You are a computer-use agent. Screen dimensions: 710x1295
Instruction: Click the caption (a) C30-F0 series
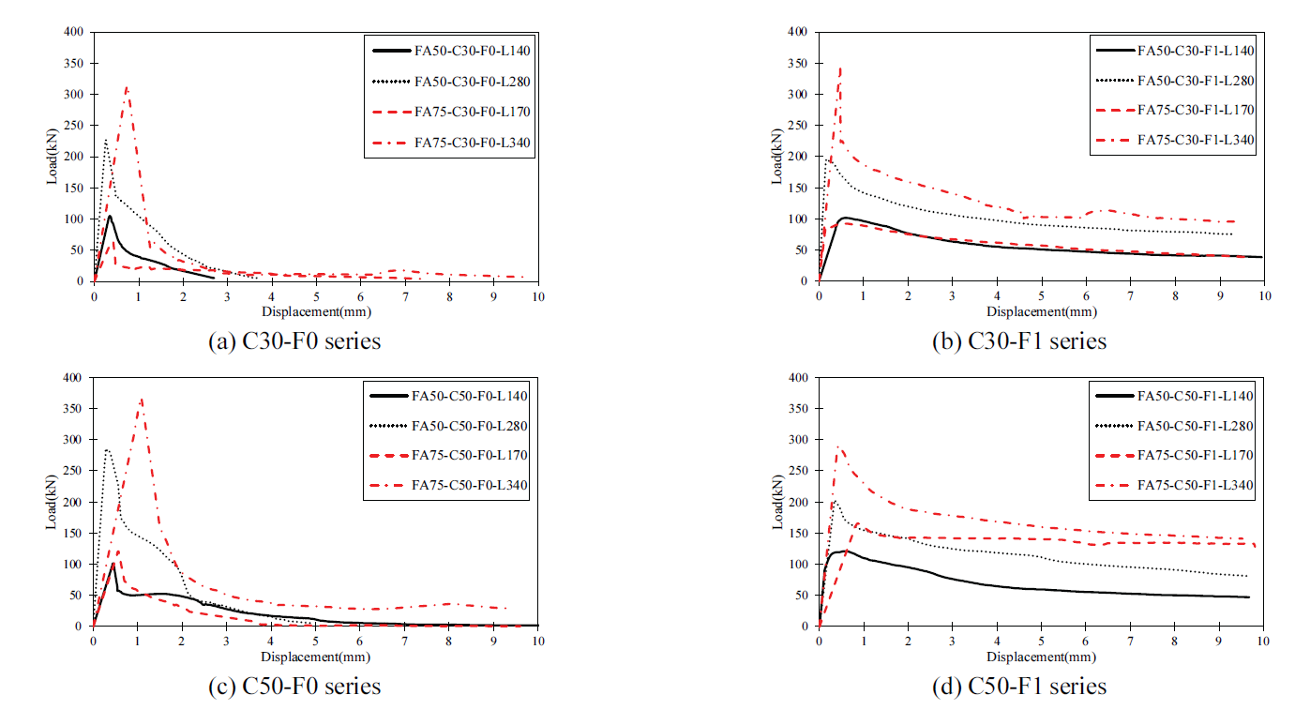[294, 341]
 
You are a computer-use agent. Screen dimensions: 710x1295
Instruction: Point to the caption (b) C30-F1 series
[1019, 341]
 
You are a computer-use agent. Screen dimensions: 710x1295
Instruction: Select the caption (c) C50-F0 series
[294, 687]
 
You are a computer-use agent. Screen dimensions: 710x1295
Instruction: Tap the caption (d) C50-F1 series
[1019, 687]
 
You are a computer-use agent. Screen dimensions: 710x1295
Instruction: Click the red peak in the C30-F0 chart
[127, 87]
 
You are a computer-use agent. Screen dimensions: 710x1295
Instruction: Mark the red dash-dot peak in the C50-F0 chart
[141, 399]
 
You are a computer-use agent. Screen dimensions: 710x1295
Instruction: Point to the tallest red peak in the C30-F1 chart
[840, 68]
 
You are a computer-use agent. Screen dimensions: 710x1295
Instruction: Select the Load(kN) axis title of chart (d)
[777, 503]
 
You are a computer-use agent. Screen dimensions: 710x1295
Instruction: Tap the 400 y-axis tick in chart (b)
[800, 33]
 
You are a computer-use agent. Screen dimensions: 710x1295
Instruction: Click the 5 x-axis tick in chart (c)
[316, 642]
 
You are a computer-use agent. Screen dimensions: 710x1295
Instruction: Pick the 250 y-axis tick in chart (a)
[75, 126]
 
